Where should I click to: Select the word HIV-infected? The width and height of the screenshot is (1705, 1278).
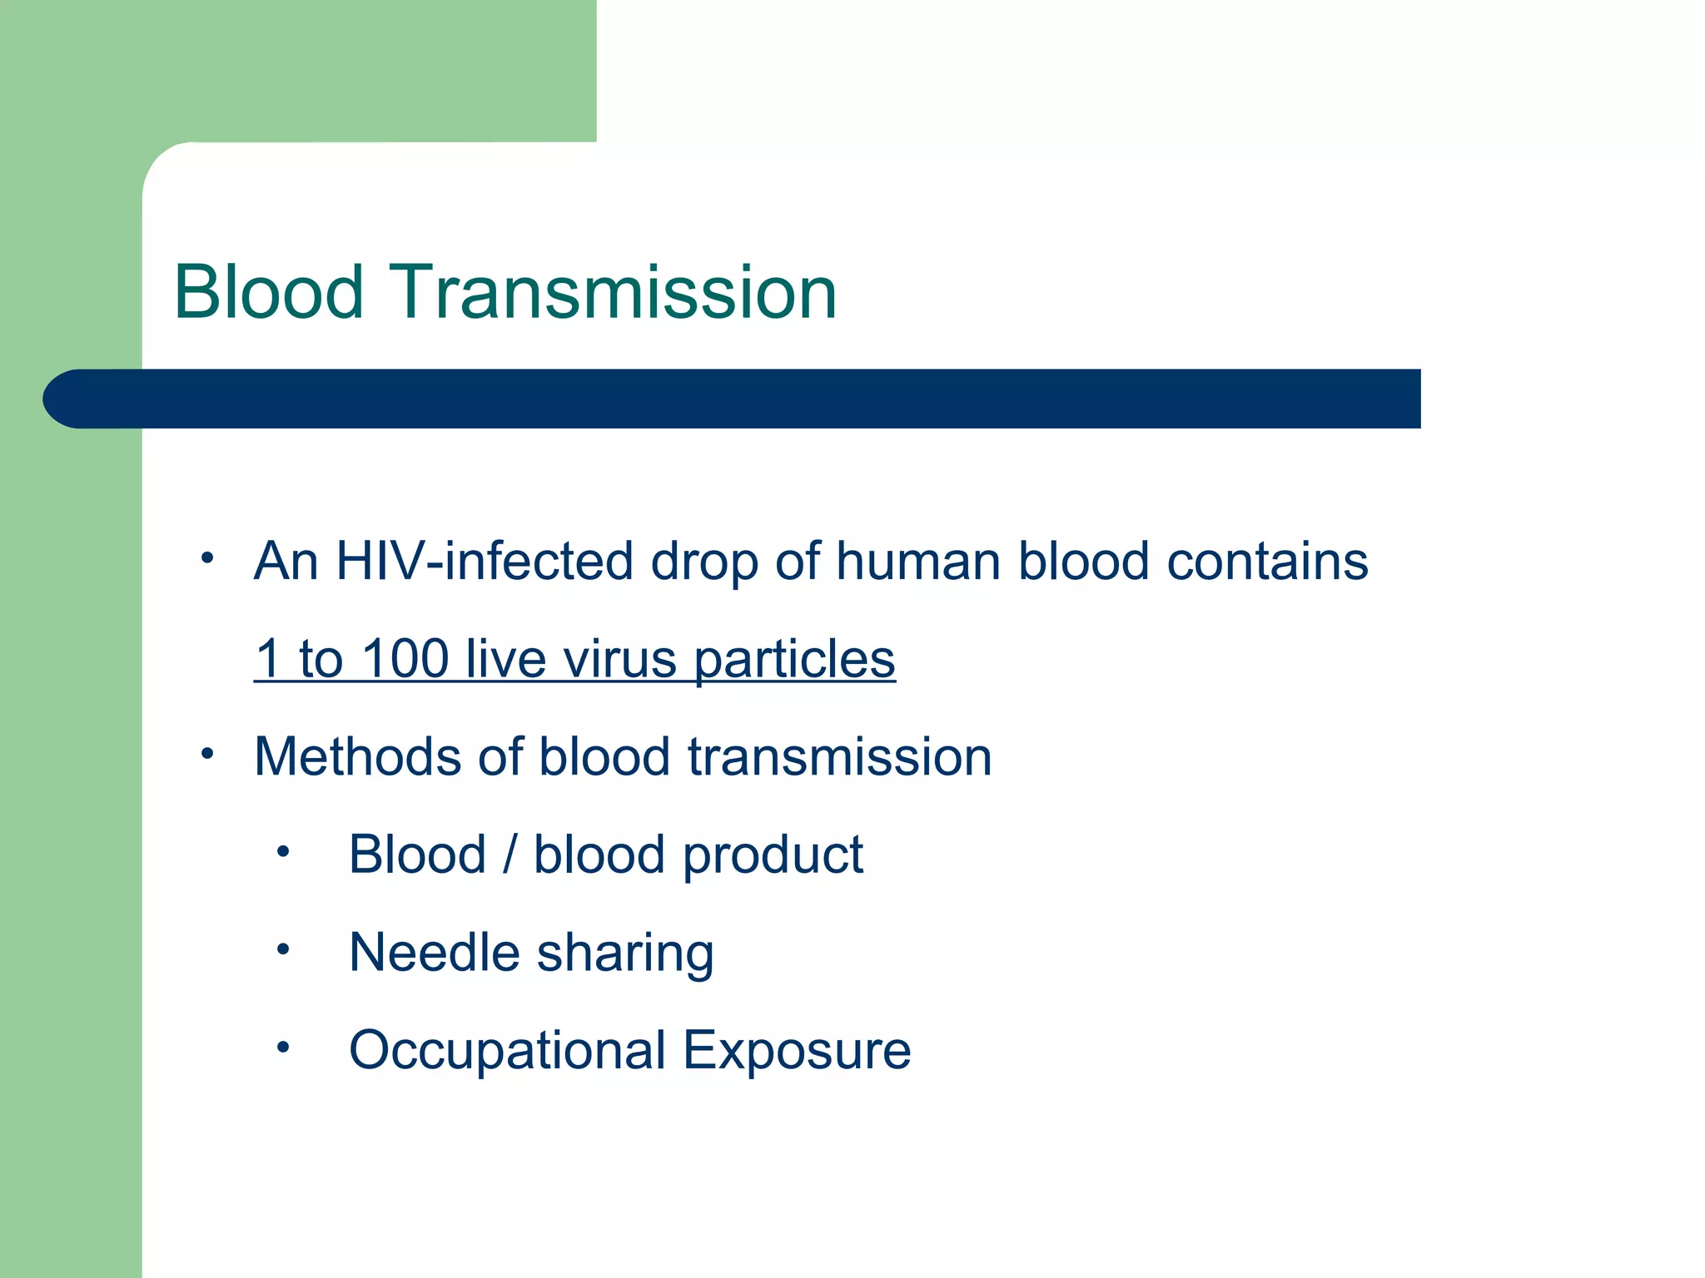coord(485,561)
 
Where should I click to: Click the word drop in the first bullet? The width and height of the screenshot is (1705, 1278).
coord(704,562)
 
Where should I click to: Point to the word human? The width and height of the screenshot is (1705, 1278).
coord(918,561)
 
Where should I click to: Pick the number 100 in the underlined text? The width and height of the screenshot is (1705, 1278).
coord(405,658)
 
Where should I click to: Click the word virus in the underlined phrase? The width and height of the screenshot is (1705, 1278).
coord(619,659)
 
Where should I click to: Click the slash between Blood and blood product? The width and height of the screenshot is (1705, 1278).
coord(510,854)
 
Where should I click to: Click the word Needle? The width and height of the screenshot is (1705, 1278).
coord(434,952)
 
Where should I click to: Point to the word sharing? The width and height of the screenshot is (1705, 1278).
coord(624,954)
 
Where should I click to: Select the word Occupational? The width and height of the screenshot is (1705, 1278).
coord(507,1051)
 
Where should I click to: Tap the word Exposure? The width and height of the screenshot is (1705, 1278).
coord(797,1051)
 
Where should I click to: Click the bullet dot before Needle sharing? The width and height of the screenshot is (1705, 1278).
coord(283,949)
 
